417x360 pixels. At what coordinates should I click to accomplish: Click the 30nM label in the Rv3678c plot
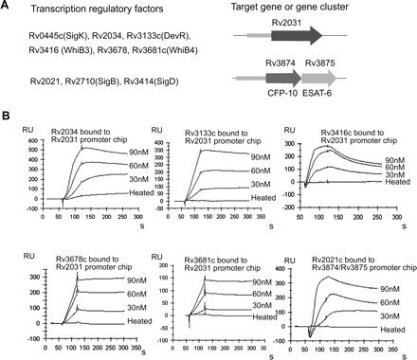[119, 312]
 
